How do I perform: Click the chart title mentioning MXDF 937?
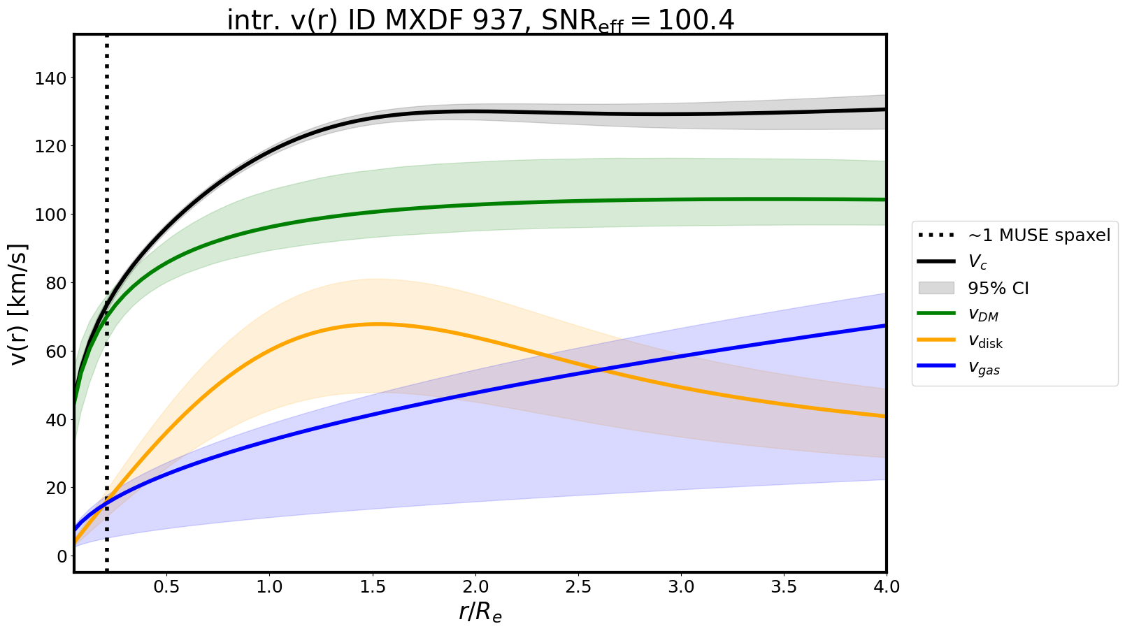click(480, 20)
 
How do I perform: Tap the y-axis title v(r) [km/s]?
click(19, 304)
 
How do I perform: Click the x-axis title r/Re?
click(480, 611)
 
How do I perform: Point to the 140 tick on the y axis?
click(51, 78)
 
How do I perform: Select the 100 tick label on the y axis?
click(51, 215)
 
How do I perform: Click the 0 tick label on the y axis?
click(62, 556)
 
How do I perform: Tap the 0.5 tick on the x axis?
click(166, 587)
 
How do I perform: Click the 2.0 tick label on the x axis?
click(475, 587)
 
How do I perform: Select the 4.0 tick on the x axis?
click(886, 587)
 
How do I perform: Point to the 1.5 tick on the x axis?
click(373, 587)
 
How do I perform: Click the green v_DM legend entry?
click(982, 315)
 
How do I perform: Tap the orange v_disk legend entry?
click(985, 342)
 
